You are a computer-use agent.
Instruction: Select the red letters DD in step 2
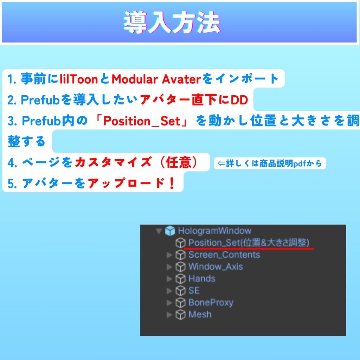[x=239, y=100]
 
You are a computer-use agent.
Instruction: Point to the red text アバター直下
[x=178, y=100]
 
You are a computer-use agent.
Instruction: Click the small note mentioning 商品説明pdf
[x=270, y=163]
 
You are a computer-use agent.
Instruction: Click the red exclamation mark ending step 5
[x=172, y=183]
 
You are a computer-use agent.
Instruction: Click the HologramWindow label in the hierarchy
[x=214, y=231]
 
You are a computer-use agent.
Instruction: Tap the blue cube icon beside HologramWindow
[x=170, y=231]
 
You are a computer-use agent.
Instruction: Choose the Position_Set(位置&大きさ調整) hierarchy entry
[x=249, y=243]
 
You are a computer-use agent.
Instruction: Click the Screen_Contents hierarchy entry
[x=224, y=255]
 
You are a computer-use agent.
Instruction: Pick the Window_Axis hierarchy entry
[x=216, y=266]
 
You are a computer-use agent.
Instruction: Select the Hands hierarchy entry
[x=202, y=278]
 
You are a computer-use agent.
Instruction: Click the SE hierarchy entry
[x=194, y=290]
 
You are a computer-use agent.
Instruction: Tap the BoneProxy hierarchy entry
[x=211, y=302]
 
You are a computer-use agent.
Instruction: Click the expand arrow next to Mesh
[x=169, y=315]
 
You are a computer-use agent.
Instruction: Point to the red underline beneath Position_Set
[x=249, y=249]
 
